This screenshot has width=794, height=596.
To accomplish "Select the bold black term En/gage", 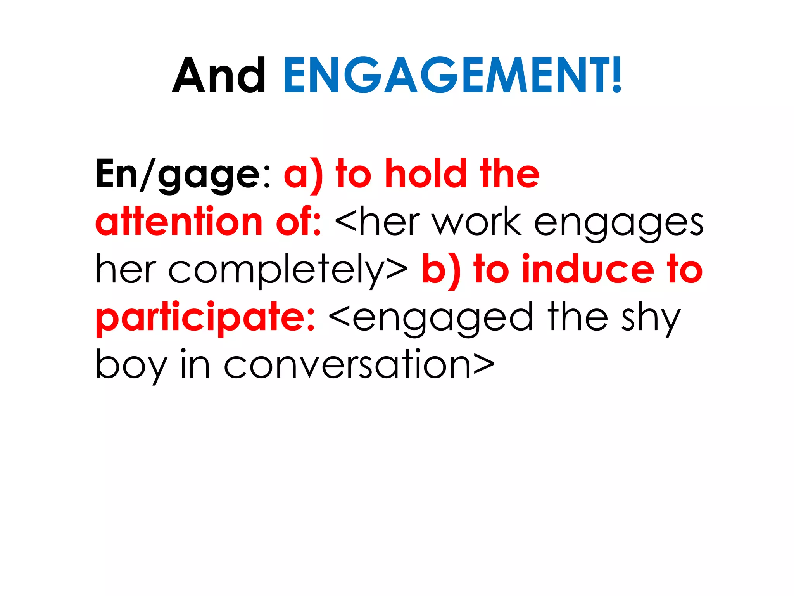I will (178, 175).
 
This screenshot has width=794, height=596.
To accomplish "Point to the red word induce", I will (588, 270).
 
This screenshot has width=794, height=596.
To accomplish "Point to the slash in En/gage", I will (148, 175).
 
